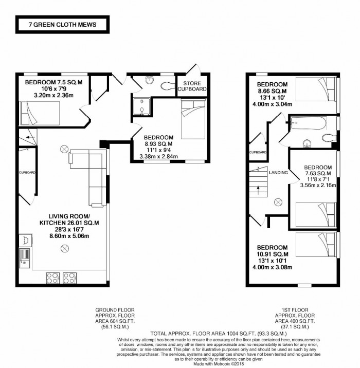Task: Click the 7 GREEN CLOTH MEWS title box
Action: [62, 25]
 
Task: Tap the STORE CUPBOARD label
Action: [192, 86]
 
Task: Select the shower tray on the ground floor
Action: [141, 106]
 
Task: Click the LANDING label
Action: [278, 173]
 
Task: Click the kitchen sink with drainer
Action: [24, 259]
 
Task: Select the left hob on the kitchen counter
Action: [52, 278]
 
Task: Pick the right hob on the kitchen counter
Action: [70, 278]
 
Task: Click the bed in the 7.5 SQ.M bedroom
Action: [40, 113]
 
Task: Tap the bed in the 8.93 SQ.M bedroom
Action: [193, 119]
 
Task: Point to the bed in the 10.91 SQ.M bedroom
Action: [315, 245]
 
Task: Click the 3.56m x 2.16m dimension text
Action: [318, 185]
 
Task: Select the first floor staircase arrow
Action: [258, 190]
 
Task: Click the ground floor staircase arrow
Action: [30, 137]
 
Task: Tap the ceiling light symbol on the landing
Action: [278, 203]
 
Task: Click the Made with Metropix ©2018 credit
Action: [219, 364]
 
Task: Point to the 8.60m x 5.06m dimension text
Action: [69, 236]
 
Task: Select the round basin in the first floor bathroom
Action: [307, 143]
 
